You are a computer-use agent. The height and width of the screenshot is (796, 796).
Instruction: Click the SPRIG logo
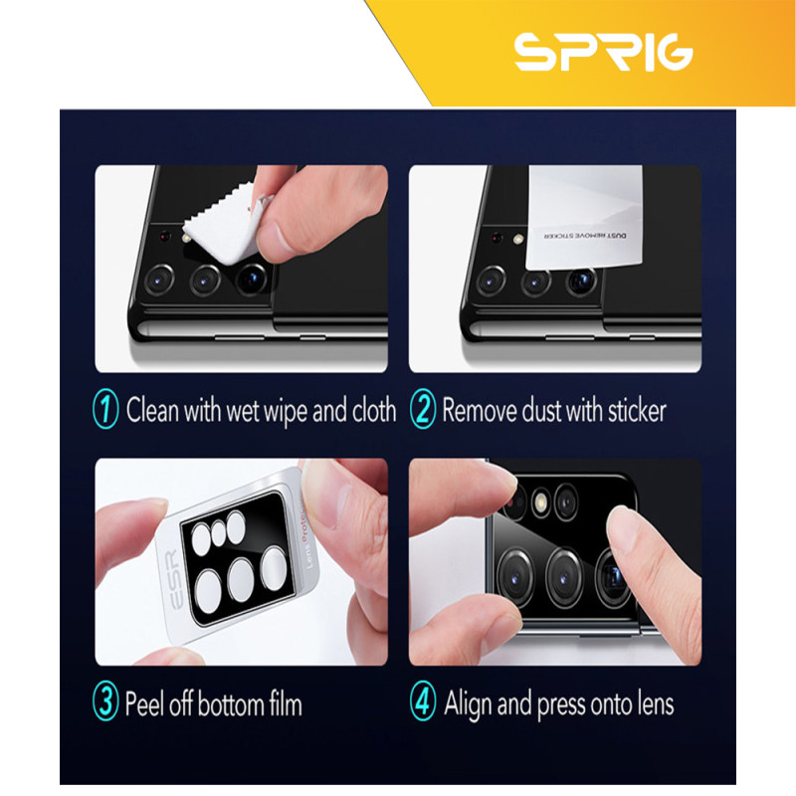pyautogui.click(x=604, y=52)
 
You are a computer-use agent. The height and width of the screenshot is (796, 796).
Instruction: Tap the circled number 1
pyautogui.click(x=105, y=408)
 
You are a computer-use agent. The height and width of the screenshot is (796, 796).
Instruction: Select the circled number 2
pyautogui.click(x=422, y=408)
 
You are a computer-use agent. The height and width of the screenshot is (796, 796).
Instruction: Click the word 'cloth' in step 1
pyautogui.click(x=374, y=410)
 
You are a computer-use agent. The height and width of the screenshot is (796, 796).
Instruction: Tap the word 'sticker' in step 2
pyautogui.click(x=637, y=410)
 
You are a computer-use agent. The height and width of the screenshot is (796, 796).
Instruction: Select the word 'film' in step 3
pyautogui.click(x=286, y=703)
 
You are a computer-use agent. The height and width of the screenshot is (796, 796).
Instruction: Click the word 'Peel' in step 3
pyautogui.click(x=144, y=703)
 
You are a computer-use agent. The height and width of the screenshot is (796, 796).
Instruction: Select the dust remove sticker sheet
pyautogui.click(x=584, y=217)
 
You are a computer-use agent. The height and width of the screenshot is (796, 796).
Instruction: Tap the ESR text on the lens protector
pyautogui.click(x=173, y=579)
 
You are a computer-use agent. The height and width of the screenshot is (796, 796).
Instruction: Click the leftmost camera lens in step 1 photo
pyautogui.click(x=159, y=280)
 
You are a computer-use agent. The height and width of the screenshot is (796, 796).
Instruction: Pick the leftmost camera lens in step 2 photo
pyautogui.click(x=491, y=281)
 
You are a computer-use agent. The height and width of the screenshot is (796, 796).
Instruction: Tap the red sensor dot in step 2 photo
pyautogui.click(x=497, y=237)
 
